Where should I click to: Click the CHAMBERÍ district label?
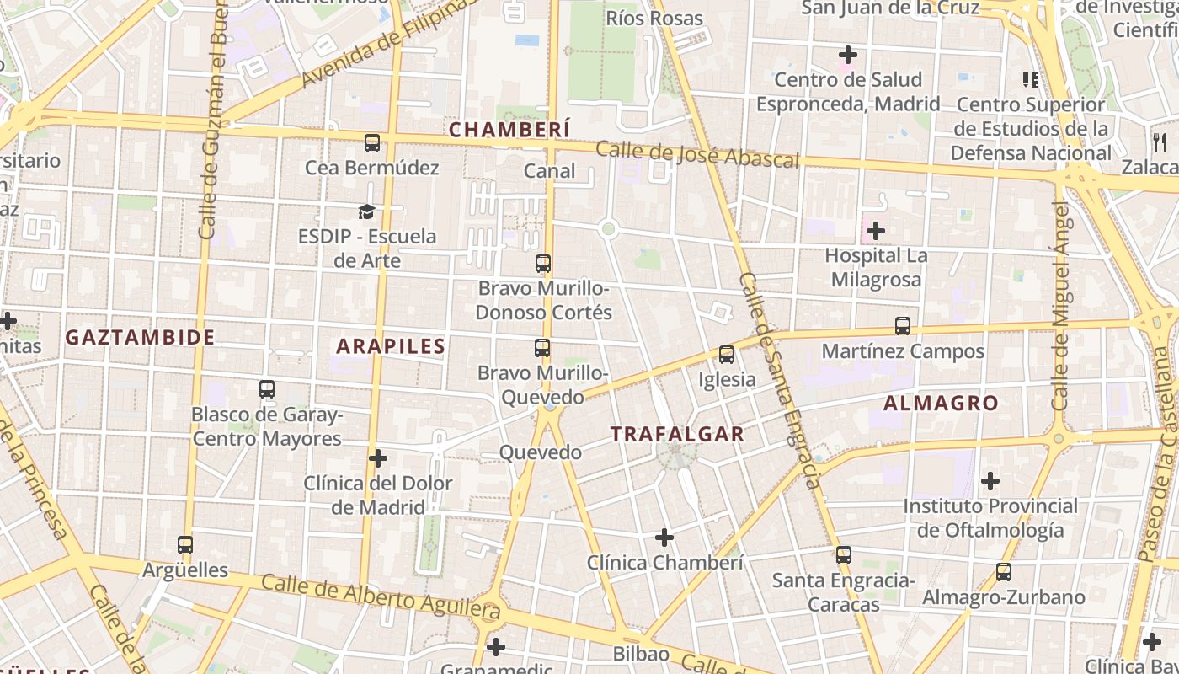tap(509, 129)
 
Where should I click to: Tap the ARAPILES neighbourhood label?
tap(391, 345)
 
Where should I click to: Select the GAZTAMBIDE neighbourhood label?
tap(141, 337)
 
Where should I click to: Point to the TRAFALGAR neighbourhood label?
tap(677, 434)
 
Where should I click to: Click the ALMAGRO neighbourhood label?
tap(941, 403)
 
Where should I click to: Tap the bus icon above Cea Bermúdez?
tap(372, 143)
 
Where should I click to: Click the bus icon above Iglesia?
tap(727, 355)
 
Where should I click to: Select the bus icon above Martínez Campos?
tap(903, 326)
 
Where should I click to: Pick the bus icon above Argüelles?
tap(185, 545)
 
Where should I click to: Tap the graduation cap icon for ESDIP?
tap(366, 211)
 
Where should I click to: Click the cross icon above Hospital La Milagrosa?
tap(876, 230)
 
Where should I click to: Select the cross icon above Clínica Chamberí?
tap(664, 537)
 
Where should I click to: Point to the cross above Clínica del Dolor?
tap(378, 458)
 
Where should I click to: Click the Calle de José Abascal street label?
tap(697, 155)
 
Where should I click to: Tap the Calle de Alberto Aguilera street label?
tap(381, 596)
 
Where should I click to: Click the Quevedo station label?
tap(541, 452)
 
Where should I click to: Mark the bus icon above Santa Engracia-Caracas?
tap(844, 555)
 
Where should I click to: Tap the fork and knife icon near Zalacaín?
tap(1160, 142)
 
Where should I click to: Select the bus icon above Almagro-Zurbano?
tap(1003, 572)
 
